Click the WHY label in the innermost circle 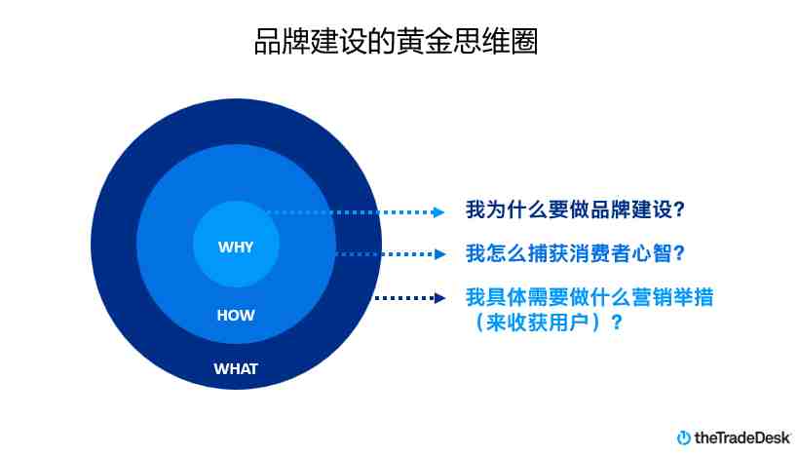click(x=236, y=246)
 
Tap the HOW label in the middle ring click(x=236, y=315)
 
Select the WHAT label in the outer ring click(x=236, y=368)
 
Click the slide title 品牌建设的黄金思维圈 click(x=396, y=41)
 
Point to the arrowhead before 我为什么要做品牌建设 click(x=438, y=212)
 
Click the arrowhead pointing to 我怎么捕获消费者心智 click(x=439, y=254)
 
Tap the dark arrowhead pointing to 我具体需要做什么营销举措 click(x=439, y=298)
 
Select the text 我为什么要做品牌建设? click(x=575, y=209)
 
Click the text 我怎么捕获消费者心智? click(x=575, y=253)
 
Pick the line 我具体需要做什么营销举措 click(x=589, y=297)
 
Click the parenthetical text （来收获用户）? click(x=547, y=322)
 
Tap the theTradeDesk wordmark click(x=742, y=437)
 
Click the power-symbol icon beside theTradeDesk click(x=683, y=437)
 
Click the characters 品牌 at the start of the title click(x=282, y=41)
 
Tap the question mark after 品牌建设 click(x=679, y=209)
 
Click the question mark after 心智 click(x=679, y=253)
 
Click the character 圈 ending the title click(x=524, y=41)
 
